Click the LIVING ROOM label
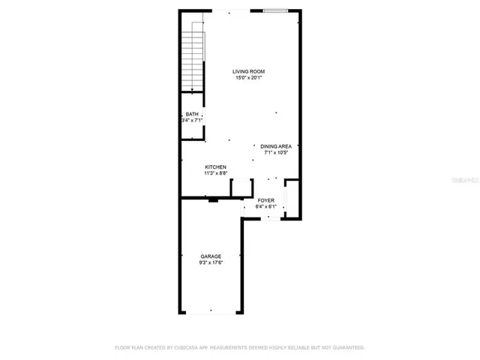[247, 71]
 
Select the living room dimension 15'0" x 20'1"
[247, 77]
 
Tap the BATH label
[192, 114]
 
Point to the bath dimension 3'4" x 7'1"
[192, 120]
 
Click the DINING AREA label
[276, 146]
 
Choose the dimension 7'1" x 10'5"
[276, 152]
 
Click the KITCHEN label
[216, 166]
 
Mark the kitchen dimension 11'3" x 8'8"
[216, 172]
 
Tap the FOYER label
[265, 200]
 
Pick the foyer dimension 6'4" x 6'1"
[265, 206]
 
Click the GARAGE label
[210, 256]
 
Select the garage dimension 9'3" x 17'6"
[210, 262]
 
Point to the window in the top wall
[274, 10]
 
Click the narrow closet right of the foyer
[292, 198]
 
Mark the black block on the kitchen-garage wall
[214, 199]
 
